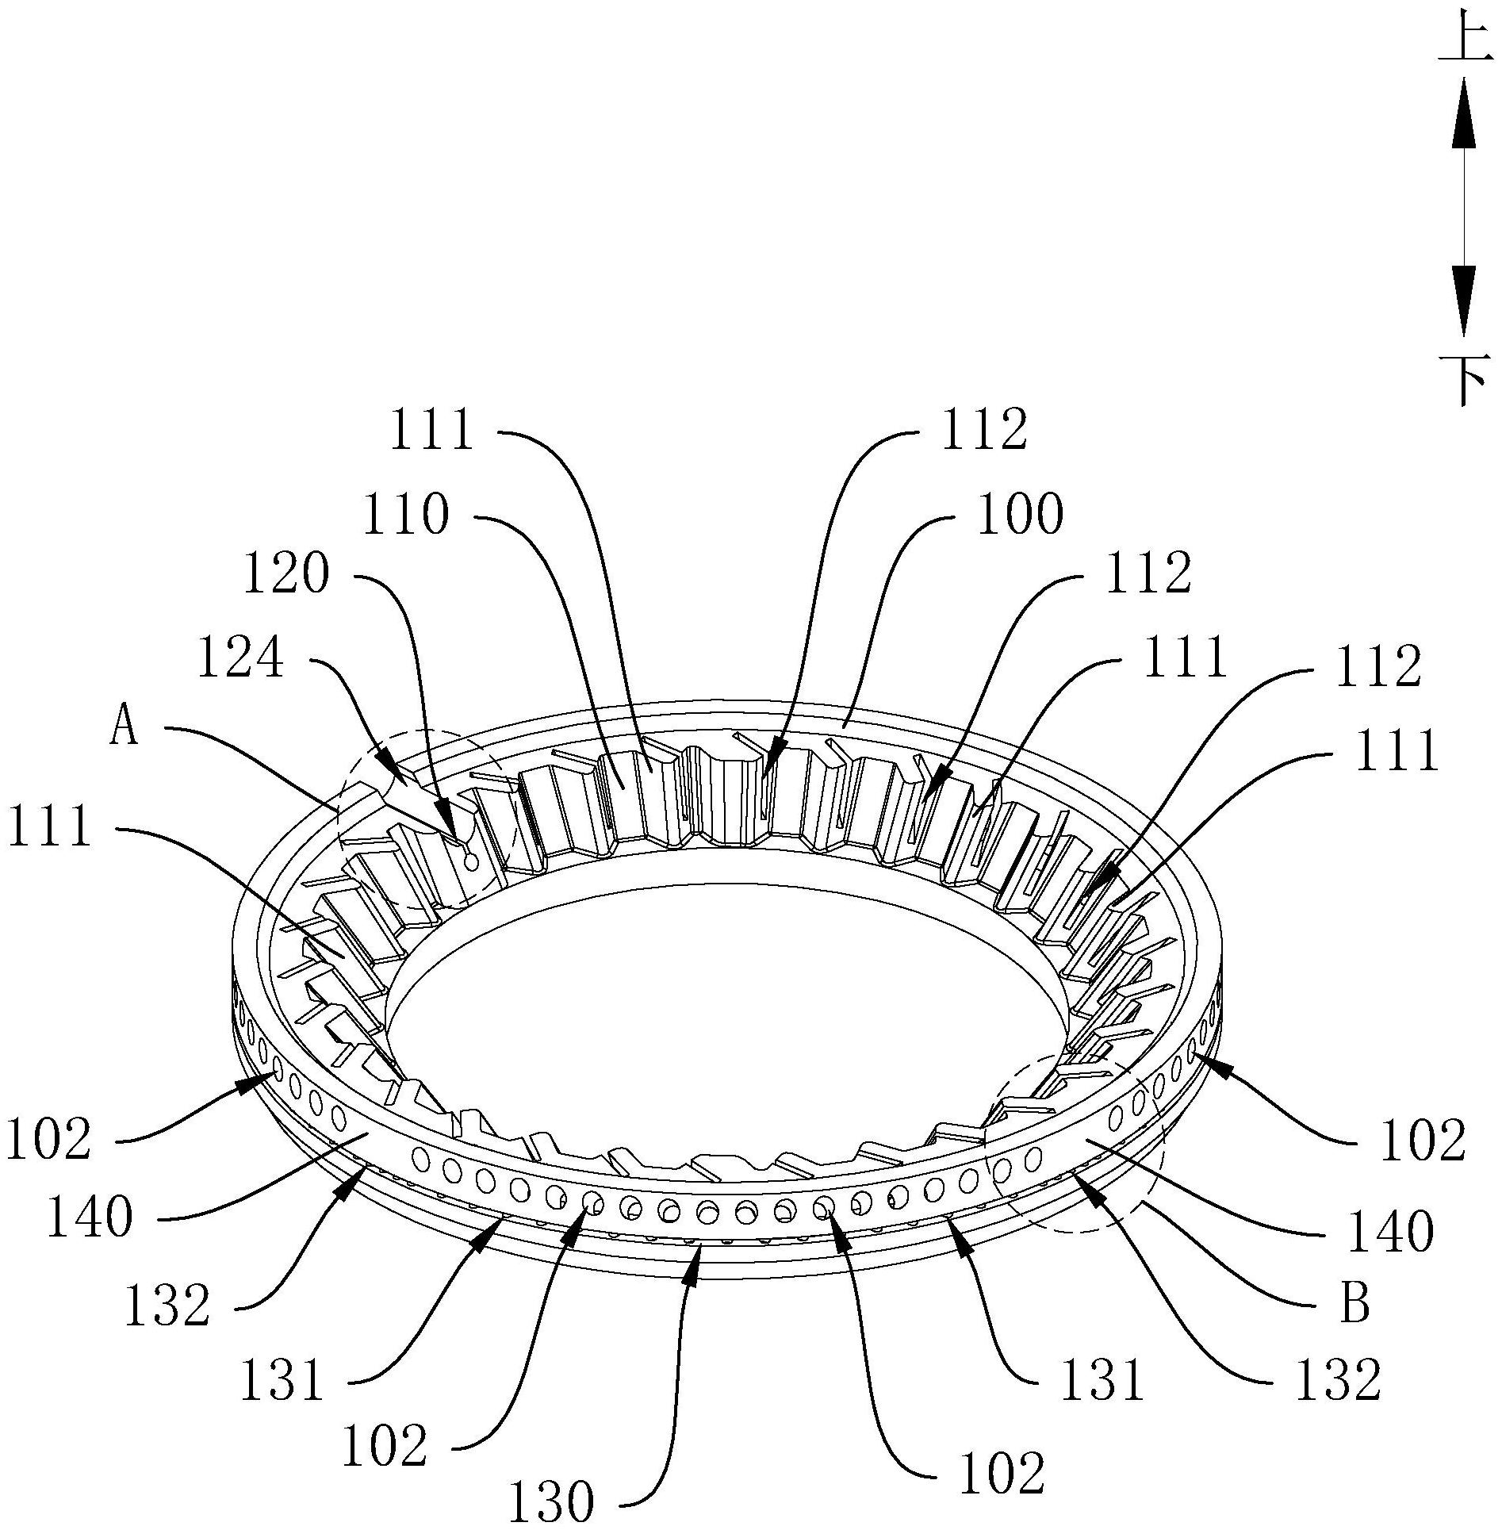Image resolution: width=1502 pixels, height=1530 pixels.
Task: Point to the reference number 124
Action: pyautogui.click(x=240, y=658)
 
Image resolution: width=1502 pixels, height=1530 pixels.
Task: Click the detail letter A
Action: pyautogui.click(x=124, y=726)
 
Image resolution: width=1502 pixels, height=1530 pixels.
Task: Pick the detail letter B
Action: pyautogui.click(x=1354, y=1304)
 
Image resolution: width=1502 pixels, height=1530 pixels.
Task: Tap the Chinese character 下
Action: pyautogui.click(x=1463, y=379)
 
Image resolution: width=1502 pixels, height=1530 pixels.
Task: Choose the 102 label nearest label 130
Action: pyautogui.click(x=384, y=1445)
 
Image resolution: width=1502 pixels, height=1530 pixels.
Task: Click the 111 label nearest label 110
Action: pyautogui.click(x=431, y=430)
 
